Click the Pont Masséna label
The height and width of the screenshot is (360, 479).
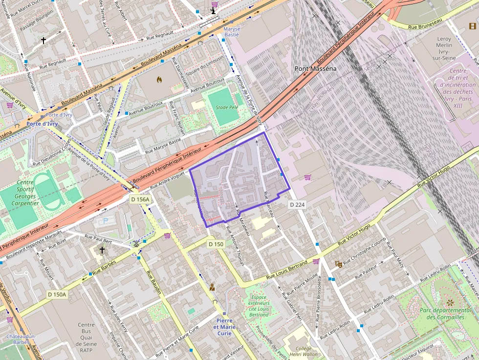point(315,69)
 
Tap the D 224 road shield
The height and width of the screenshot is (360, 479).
point(297,204)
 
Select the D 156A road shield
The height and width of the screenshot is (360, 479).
point(140,199)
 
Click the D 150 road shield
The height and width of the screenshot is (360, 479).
point(216,244)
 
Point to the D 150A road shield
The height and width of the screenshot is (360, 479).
point(57,295)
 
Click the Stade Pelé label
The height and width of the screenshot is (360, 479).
point(226,107)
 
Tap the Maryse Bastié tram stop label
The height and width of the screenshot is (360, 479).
point(231,32)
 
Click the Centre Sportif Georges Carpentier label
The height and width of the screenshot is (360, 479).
point(18,193)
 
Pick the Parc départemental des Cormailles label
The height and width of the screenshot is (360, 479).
point(445,314)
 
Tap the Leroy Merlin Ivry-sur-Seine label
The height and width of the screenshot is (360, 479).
point(443,48)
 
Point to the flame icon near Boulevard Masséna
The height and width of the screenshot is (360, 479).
point(159,79)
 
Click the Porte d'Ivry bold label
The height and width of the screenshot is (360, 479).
point(42,124)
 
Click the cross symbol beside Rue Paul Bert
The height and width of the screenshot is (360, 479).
point(102,250)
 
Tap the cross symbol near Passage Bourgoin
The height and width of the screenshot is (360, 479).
point(44,41)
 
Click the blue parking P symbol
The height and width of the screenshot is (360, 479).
point(106,221)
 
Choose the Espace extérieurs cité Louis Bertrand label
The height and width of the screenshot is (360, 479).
point(259,306)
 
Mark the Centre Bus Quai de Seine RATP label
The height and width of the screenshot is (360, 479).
point(87,338)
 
